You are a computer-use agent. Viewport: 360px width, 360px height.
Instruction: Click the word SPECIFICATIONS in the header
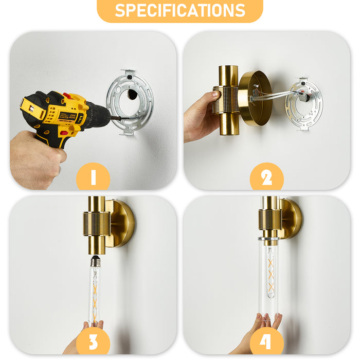pos(180,10)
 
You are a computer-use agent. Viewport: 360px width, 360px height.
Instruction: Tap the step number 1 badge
pos(93,177)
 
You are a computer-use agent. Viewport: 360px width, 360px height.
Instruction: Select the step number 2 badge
pos(266,177)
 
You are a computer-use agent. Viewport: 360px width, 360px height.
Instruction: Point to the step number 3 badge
pos(93,341)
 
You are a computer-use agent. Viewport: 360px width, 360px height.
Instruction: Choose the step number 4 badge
pos(266,341)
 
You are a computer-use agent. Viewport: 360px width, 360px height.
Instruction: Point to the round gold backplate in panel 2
pos(255,98)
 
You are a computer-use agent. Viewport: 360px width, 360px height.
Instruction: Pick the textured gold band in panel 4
pos(269,220)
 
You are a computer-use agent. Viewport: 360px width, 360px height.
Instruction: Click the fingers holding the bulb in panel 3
pos(93,326)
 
